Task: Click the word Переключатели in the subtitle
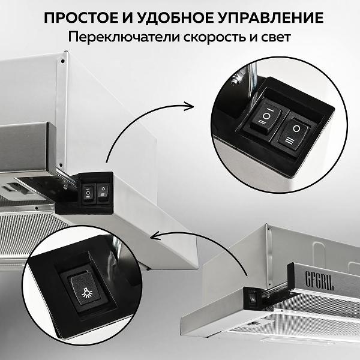click(x=124, y=37)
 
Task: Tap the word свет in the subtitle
click(x=276, y=38)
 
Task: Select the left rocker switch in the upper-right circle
click(x=265, y=117)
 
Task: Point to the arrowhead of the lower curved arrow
click(x=157, y=236)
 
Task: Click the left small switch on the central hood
click(x=88, y=192)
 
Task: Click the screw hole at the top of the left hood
click(x=62, y=61)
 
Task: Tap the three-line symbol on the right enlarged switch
click(x=289, y=140)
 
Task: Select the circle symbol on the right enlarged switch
click(x=296, y=128)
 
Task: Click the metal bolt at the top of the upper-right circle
click(x=236, y=79)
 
